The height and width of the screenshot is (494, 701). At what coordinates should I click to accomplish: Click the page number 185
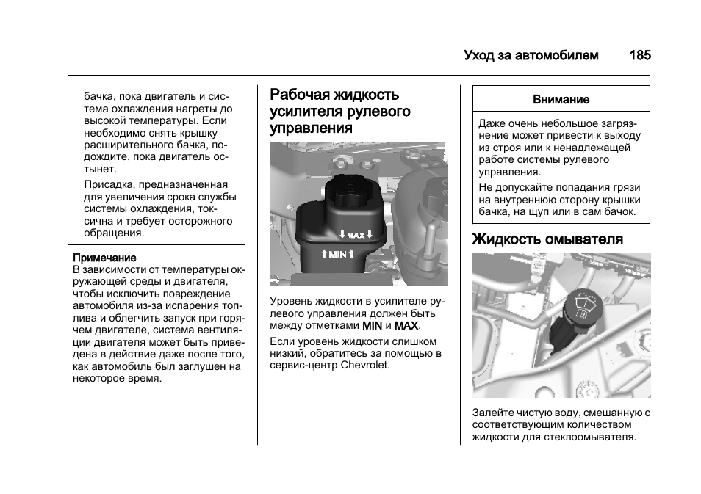639,55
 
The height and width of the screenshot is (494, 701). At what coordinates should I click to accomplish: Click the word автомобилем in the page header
562,55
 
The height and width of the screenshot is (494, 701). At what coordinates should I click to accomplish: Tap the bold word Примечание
104,258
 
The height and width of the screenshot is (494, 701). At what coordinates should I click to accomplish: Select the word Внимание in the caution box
561,99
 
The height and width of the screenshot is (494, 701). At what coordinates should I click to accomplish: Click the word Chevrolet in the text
365,365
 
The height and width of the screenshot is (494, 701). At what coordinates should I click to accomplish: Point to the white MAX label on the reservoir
356,236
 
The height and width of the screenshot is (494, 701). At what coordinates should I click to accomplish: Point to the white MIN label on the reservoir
337,255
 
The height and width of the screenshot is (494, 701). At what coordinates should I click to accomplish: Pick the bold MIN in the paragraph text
372,325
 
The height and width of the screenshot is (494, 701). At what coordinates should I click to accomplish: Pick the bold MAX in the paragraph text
406,325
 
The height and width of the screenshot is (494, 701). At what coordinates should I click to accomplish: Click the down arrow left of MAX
342,235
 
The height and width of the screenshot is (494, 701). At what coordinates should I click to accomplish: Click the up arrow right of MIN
351,254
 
